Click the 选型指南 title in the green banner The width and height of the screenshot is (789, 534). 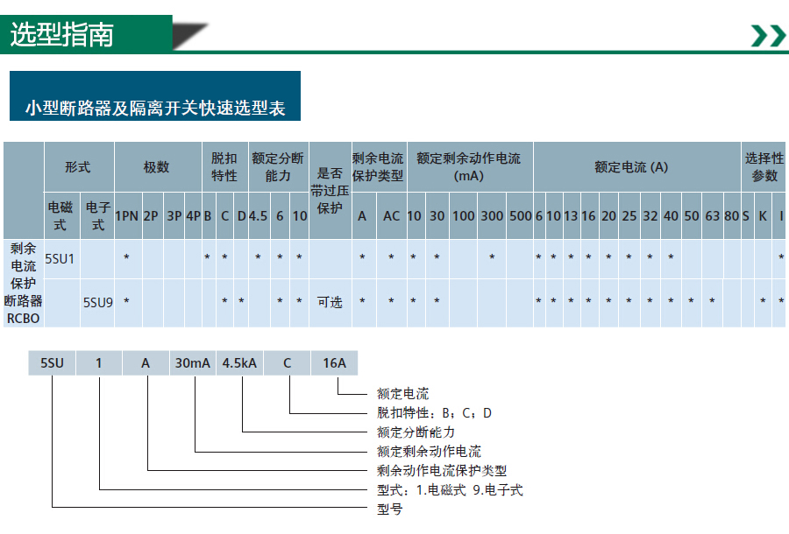62,35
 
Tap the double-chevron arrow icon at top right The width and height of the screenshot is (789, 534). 768,36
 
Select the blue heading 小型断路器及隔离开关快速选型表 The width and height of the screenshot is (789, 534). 155,108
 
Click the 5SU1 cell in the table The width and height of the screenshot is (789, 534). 60,259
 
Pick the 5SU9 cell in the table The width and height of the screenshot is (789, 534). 97,302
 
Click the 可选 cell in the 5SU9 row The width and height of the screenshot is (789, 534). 330,302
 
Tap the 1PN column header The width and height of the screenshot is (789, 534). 126,216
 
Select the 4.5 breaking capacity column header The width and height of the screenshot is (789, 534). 258,216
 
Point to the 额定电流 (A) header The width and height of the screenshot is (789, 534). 631,167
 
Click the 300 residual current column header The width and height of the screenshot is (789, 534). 492,216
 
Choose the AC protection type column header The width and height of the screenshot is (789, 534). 391,216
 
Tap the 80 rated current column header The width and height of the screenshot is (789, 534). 732,216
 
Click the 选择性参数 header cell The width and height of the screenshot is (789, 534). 764,167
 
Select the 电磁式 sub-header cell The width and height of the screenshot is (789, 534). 60,215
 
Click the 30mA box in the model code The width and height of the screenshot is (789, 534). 192,362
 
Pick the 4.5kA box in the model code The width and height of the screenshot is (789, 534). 239,362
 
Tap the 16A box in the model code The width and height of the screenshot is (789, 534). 334,362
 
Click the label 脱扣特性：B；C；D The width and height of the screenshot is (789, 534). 434,413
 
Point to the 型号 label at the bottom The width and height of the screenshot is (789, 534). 390,509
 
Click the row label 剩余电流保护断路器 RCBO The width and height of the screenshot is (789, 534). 23,284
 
